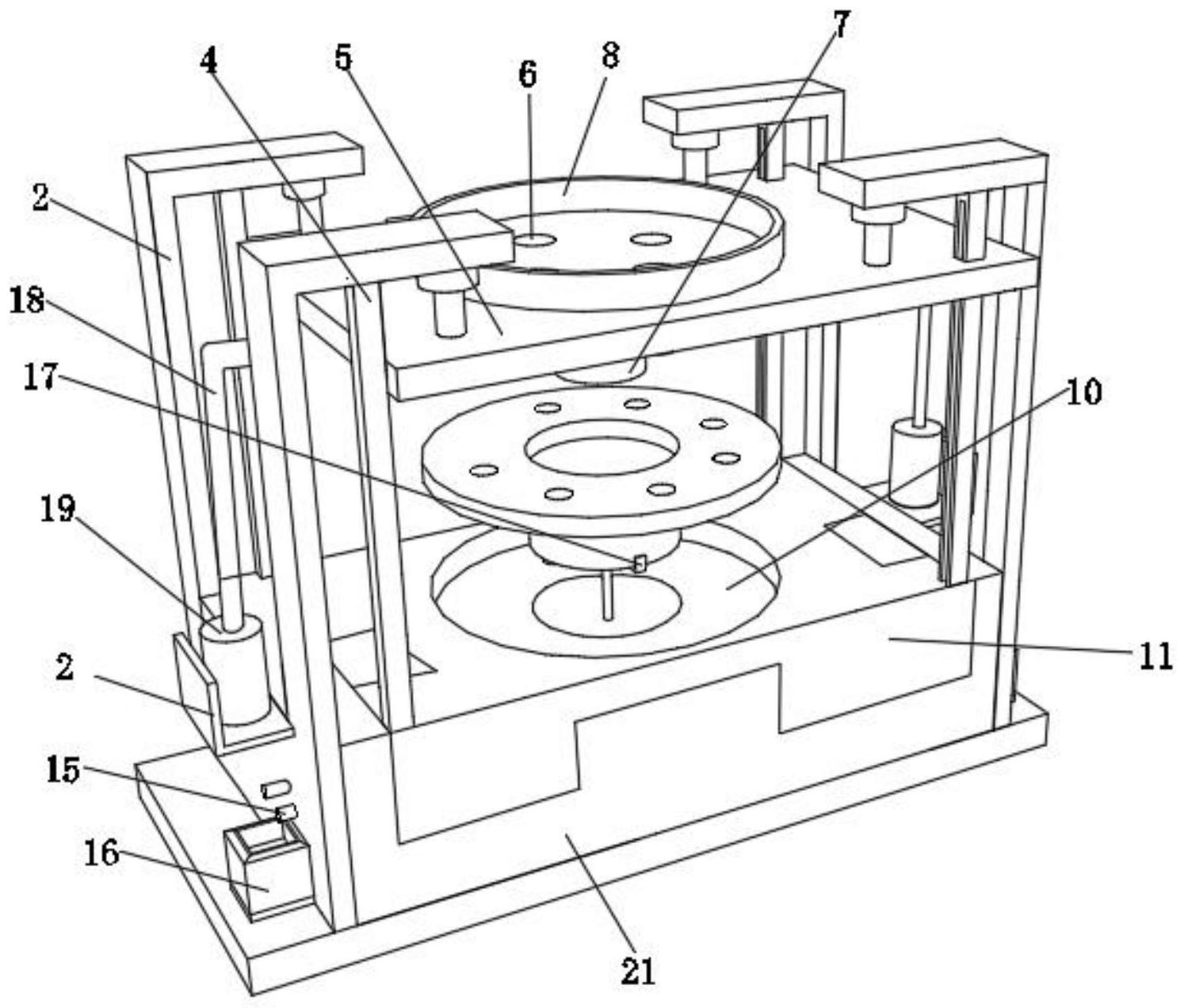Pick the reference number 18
[x=27, y=300]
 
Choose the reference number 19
[x=58, y=509]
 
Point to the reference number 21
[x=637, y=970]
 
